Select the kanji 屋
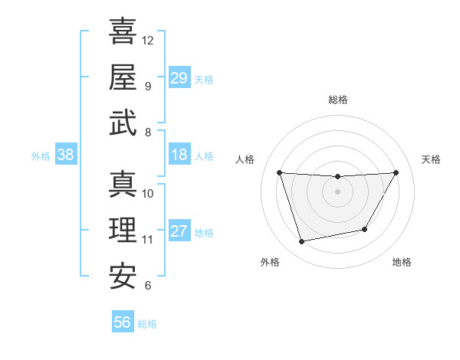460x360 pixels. pos(123,77)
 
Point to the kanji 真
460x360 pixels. pos(123,184)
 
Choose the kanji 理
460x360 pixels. pos(123,230)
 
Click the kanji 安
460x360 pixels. pos(123,277)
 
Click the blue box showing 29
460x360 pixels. pos(179,77)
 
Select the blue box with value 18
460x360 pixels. pos(179,155)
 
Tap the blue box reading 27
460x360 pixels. pos(179,231)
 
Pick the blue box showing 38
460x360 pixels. pos(66,155)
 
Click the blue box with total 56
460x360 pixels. pos(123,322)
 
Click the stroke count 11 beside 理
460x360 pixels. pos(148,240)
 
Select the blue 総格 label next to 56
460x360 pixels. pos(147,324)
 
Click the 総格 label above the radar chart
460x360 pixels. pos(337,100)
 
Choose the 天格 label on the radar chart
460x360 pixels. pos(431,159)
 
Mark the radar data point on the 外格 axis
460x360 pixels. pos(302,241)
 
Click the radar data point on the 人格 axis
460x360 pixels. pos(279,172)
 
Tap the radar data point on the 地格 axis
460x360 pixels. pos(365,229)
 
